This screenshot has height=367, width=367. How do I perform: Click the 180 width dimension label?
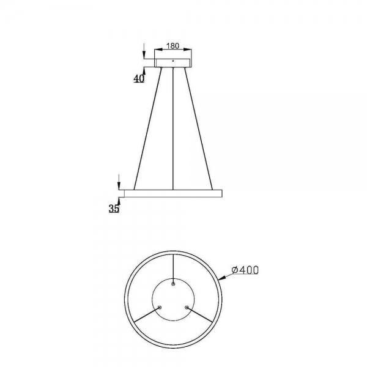coord(172,46)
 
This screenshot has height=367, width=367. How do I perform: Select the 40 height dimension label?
coord(139,79)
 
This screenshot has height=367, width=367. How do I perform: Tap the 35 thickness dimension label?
coord(114,209)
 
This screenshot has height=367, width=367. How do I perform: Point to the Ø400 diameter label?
coord(245,270)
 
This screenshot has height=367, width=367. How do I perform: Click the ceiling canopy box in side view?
coord(173,63)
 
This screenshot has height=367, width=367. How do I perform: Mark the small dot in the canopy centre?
coord(173,61)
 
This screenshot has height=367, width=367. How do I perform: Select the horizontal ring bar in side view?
coord(173,193)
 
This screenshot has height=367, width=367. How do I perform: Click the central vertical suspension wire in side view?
coord(173,128)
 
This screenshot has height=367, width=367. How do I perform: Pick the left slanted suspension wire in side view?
coord(148,128)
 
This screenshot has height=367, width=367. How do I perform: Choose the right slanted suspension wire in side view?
coord(198,128)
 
